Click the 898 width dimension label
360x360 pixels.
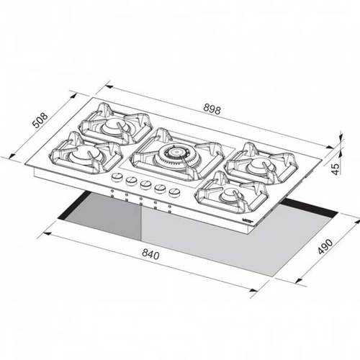click(x=212, y=109)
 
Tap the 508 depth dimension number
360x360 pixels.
click(x=40, y=120)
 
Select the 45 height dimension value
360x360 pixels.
click(x=336, y=168)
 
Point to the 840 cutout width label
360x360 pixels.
click(x=150, y=254)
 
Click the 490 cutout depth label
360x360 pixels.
click(x=325, y=246)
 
